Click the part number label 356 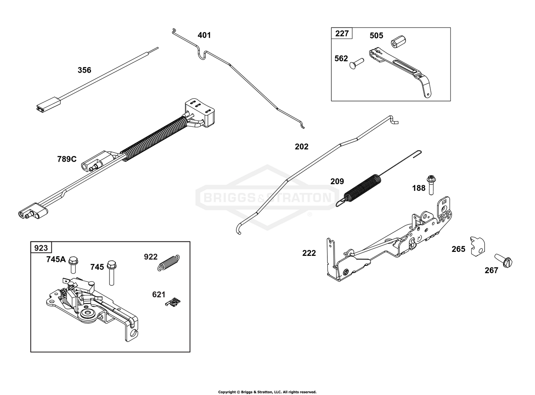[84, 70]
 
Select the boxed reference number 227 [342, 33]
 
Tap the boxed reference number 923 [41, 248]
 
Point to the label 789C [67, 159]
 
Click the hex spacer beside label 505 [398, 42]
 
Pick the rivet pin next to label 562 [357, 63]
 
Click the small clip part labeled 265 [477, 246]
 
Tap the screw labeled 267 [503, 260]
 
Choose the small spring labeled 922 [169, 263]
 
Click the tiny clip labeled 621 [173, 302]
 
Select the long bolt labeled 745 [111, 273]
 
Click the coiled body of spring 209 [362, 188]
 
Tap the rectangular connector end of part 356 [48, 105]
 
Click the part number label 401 [204, 35]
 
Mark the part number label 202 [301, 146]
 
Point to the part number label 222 [309, 253]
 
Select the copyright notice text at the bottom [267, 385]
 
